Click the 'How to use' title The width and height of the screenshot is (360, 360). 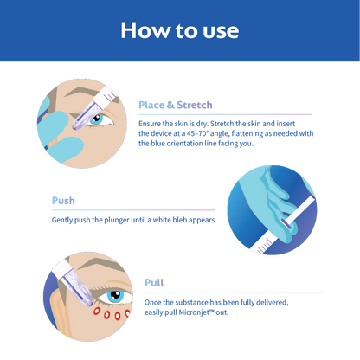coord(180,30)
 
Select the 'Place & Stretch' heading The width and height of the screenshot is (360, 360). coord(176,105)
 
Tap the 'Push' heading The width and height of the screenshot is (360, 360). coord(63,201)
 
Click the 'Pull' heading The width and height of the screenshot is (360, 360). coord(154,282)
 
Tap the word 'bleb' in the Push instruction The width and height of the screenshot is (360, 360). coord(179,220)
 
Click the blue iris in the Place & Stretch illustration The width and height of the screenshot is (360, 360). coord(96,119)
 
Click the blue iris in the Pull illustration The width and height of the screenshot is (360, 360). coord(115,296)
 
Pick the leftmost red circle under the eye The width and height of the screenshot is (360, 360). coord(97,311)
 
